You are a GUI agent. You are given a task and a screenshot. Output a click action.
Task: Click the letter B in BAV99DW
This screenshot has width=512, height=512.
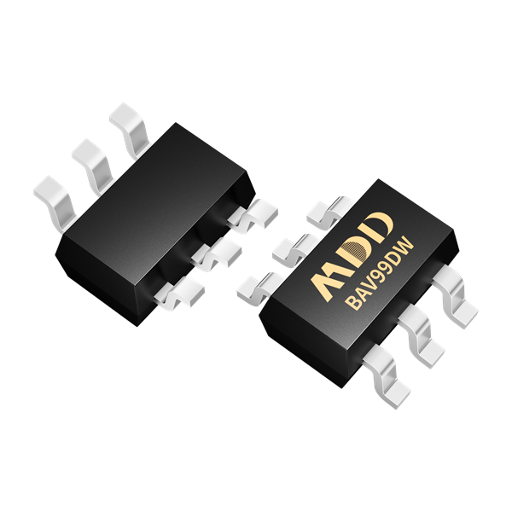[x=354, y=302]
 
